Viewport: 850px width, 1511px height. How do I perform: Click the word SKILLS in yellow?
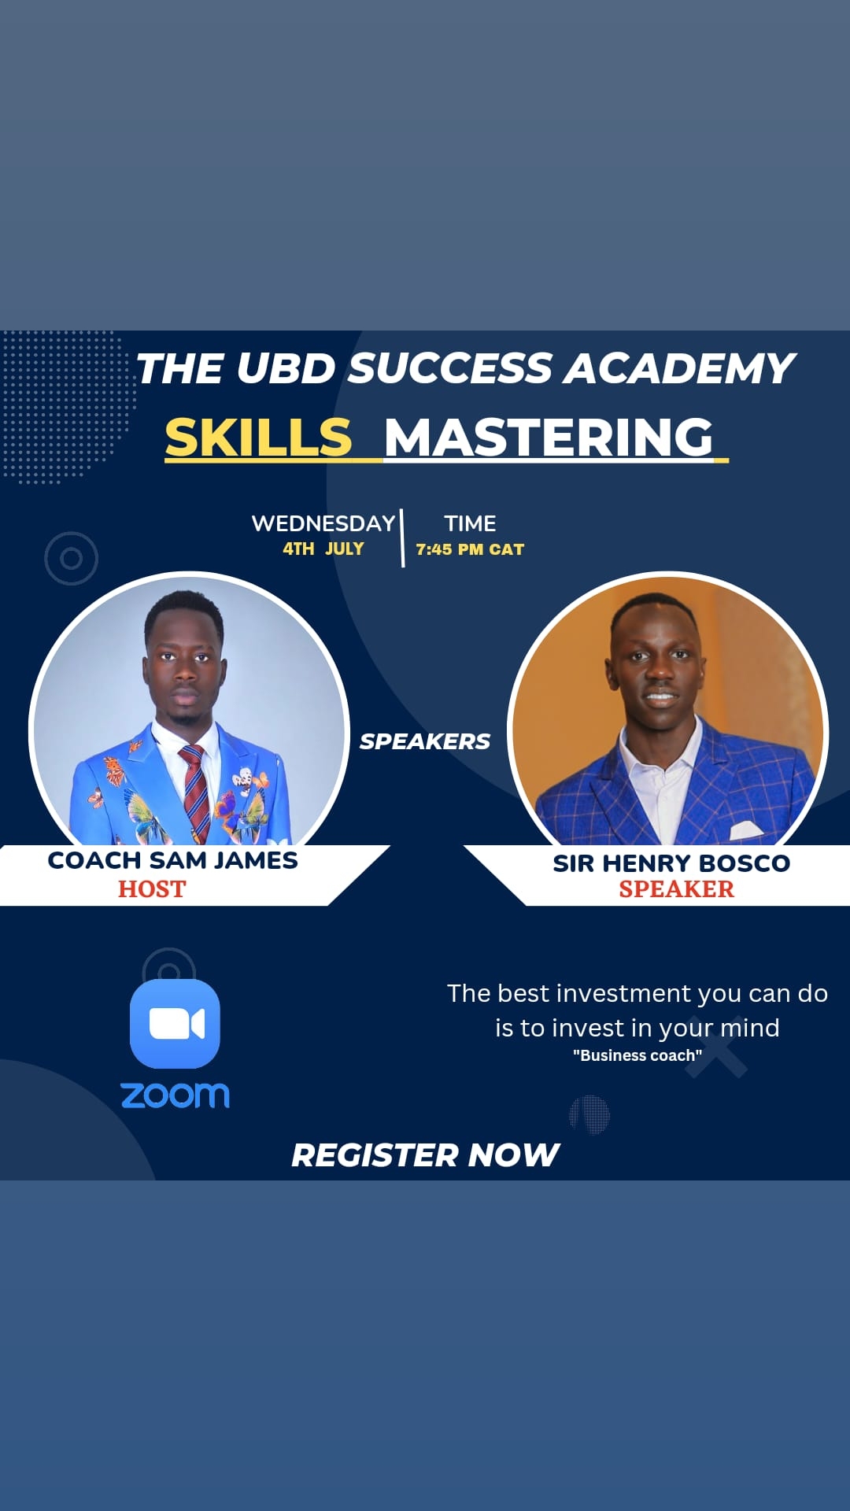click(258, 437)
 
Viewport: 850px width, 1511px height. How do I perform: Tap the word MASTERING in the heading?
click(549, 437)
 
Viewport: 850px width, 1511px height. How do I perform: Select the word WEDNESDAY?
click(323, 523)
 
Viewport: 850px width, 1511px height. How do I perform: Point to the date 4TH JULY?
click(323, 549)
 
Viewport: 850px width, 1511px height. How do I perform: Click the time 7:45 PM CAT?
click(470, 549)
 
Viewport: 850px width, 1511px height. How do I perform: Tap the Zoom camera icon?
click(175, 1024)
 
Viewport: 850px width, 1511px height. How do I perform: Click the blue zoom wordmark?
click(175, 1095)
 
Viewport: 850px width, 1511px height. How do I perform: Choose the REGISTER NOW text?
click(425, 1155)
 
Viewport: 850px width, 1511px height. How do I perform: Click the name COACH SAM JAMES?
click(172, 860)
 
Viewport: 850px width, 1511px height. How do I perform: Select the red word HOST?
click(152, 888)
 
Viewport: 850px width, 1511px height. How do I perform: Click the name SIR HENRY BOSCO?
click(671, 863)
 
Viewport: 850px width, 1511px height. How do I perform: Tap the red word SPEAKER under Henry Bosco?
click(676, 888)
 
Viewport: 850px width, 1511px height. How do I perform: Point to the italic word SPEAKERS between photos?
click(425, 741)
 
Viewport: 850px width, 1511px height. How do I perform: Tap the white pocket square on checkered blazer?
click(745, 829)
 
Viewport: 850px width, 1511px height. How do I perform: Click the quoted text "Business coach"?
click(637, 1055)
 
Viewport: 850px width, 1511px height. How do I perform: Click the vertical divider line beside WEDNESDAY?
click(402, 538)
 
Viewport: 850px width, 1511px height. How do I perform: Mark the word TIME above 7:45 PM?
click(470, 523)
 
